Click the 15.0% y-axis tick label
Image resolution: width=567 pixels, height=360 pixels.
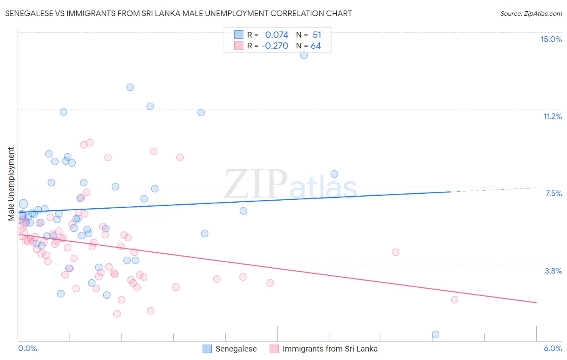551,39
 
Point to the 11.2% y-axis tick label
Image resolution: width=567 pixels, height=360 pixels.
552,116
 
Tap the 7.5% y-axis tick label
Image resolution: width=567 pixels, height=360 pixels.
553,193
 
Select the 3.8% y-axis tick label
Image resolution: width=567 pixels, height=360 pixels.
553,271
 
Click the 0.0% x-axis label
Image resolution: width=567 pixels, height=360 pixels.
27,348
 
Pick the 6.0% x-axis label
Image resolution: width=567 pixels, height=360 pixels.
552,348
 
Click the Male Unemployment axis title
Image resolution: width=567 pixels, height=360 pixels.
11,184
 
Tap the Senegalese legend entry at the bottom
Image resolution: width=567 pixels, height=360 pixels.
236,349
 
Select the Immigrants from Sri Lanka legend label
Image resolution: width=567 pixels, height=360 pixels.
330,349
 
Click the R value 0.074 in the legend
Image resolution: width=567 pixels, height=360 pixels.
277,35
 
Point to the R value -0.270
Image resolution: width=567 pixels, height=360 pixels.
275,46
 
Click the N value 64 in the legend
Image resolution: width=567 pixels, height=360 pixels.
316,46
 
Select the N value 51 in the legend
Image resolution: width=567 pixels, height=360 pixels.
317,35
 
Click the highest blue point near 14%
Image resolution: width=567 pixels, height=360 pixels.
304,55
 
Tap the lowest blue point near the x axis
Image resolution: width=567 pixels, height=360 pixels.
436,334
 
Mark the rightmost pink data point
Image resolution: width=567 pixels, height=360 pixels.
454,299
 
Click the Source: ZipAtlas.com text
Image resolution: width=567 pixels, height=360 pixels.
531,13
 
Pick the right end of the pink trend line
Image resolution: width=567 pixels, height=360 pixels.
536,302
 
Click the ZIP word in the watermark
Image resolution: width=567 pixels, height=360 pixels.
256,184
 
